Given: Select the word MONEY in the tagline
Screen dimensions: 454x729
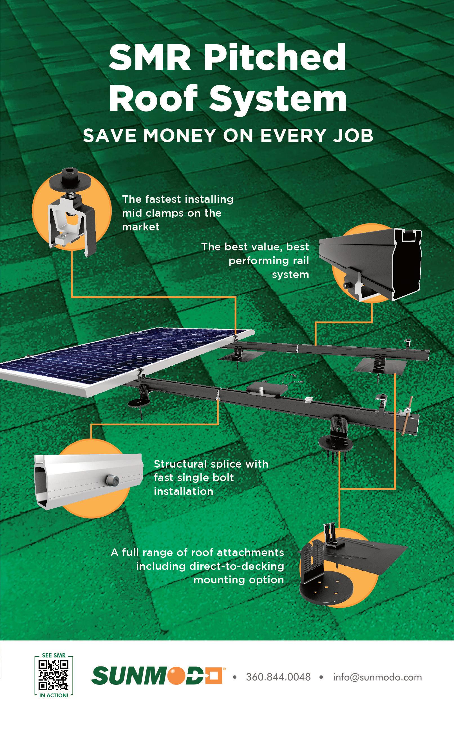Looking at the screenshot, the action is tap(179, 136).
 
